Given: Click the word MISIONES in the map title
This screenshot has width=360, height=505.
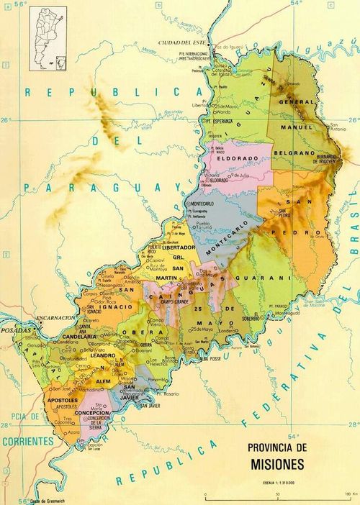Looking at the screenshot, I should (277, 465).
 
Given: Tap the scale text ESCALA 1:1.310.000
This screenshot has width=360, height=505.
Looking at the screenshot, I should (276, 478).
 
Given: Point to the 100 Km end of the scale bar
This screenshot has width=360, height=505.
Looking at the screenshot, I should (346, 493).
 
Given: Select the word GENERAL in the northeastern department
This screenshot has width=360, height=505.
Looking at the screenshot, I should (297, 102).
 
